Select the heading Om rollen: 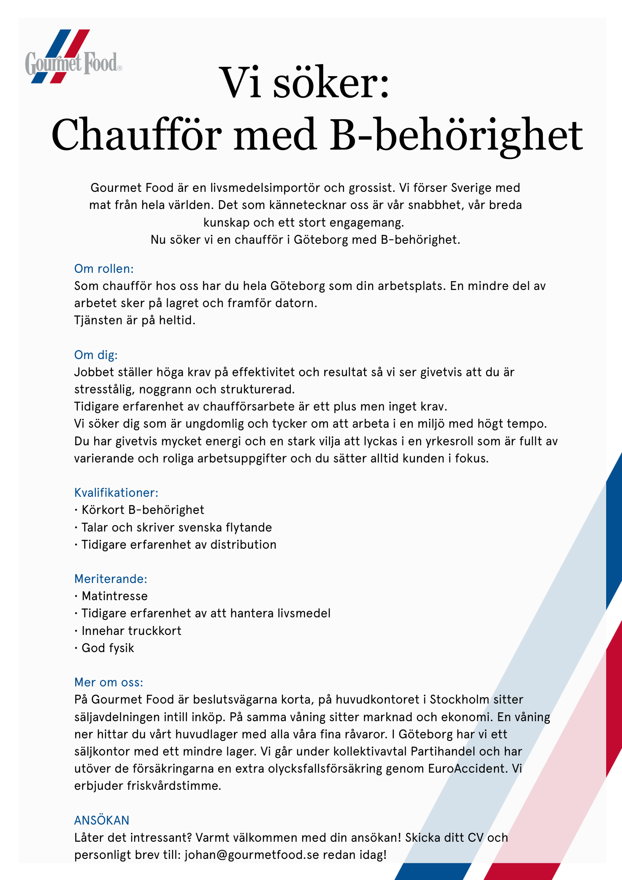coord(104,269)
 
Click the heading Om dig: coord(96,355)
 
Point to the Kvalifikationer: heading coord(116,493)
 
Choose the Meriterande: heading coord(111,579)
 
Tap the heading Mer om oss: coord(109,682)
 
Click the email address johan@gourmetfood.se coord(252,855)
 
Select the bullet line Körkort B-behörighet coord(143,510)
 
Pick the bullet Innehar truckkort coord(131,631)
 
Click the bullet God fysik coord(108,648)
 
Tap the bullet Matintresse coord(114,596)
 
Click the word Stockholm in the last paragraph coord(460,700)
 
